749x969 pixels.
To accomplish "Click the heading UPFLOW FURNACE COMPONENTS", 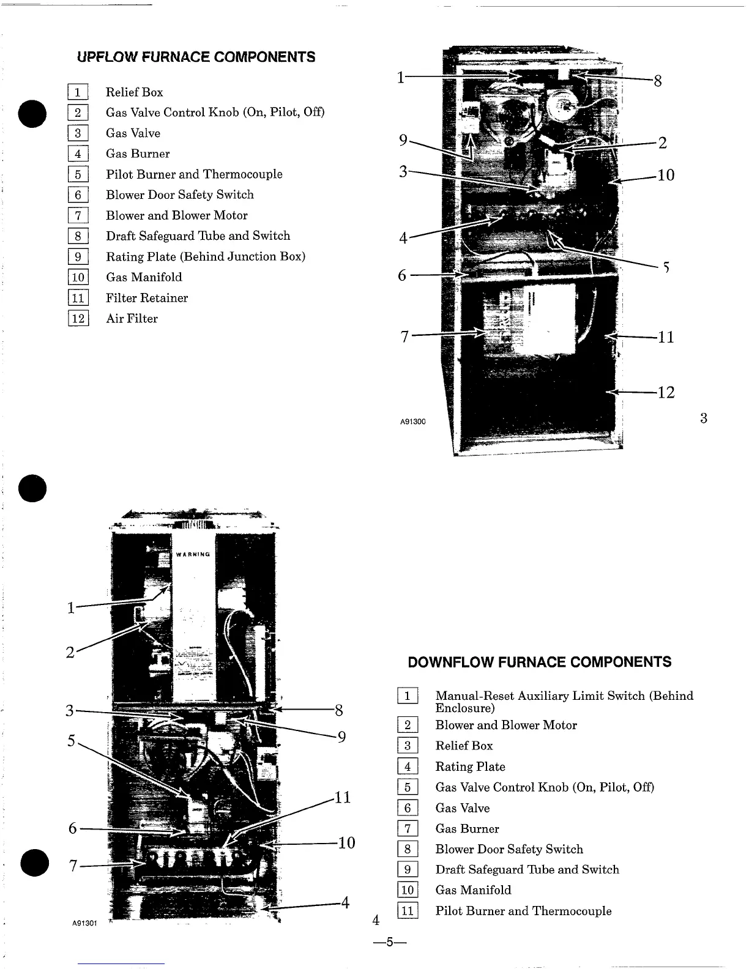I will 196,57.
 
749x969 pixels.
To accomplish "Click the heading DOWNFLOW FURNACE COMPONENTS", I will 539,662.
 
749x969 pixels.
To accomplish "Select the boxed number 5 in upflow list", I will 78,175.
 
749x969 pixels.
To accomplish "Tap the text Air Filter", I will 132,319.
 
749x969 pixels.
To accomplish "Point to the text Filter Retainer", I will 147,298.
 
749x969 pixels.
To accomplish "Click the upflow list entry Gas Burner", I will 138,154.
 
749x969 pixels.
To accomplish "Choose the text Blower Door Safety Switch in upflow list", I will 180,195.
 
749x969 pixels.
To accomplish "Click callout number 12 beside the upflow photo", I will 666,392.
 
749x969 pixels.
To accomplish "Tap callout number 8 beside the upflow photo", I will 658,81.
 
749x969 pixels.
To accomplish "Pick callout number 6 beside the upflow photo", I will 402,276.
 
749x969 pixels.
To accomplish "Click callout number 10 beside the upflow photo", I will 666,176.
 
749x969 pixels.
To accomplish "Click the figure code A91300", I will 413,422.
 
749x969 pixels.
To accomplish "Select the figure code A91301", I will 86,923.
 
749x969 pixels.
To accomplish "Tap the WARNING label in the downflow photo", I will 193,554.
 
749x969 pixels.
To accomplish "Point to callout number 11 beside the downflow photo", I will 342,797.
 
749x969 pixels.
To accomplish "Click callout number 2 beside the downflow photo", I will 70,652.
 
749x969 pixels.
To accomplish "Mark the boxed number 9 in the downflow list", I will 408,870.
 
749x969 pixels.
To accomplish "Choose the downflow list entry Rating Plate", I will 470,767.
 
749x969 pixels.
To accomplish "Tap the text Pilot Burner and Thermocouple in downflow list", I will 523,911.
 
